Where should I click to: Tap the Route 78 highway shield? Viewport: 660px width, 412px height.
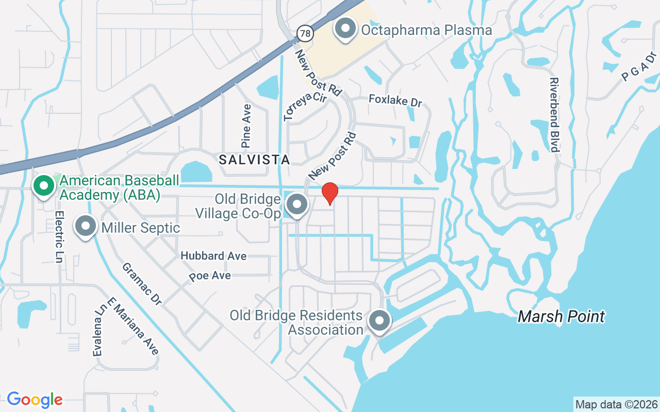pyautogui.click(x=305, y=33)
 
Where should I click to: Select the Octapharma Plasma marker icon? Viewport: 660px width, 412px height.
pyautogui.click(x=346, y=29)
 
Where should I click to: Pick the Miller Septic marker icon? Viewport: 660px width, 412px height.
pyautogui.click(x=86, y=227)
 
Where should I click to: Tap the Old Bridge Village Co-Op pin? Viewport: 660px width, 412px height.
pyautogui.click(x=296, y=205)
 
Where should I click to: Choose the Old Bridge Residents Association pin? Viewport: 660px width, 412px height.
pyautogui.click(x=379, y=321)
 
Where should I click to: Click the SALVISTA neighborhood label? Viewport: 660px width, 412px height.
pyautogui.click(x=255, y=160)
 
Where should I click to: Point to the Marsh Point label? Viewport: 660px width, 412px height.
pyautogui.click(x=561, y=316)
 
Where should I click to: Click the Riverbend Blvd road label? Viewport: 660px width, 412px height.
pyautogui.click(x=554, y=115)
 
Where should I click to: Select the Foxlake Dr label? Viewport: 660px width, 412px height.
pyautogui.click(x=395, y=100)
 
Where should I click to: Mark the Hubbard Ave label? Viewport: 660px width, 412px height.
pyautogui.click(x=213, y=256)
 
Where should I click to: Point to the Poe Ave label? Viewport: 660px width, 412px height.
pyautogui.click(x=209, y=276)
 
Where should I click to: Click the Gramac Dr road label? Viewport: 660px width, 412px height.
pyautogui.click(x=142, y=284)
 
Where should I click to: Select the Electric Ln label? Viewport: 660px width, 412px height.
pyautogui.click(x=59, y=236)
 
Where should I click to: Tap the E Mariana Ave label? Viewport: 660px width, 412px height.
pyautogui.click(x=133, y=326)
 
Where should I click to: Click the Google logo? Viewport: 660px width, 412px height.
pyautogui.click(x=35, y=399)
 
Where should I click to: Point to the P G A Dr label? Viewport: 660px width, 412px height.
pyautogui.click(x=639, y=66)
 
